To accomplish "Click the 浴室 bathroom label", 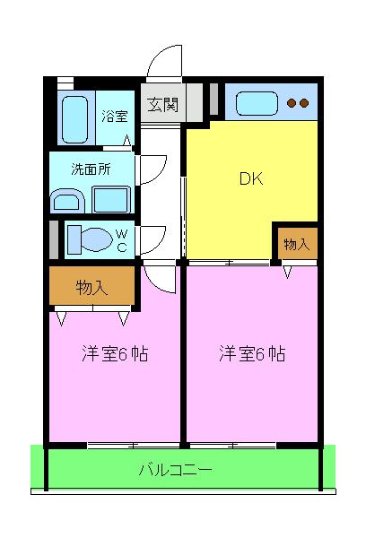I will [115, 116].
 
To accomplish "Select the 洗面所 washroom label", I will [91, 167].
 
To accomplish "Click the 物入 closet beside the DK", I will [296, 243].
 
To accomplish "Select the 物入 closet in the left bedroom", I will [91, 288].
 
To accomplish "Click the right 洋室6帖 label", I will [251, 353].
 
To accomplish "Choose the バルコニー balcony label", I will [176, 469].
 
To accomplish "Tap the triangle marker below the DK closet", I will [287, 270].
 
